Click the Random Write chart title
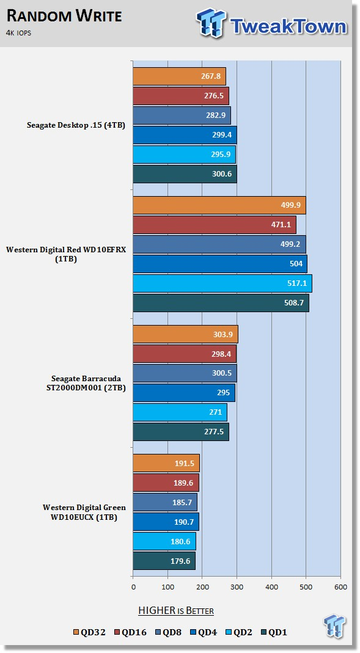(65, 16)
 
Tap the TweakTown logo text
(288, 26)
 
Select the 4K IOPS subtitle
(19, 33)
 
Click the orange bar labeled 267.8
(179, 76)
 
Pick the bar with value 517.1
(222, 283)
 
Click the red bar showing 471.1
(215, 225)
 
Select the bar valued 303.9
(185, 334)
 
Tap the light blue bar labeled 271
(180, 412)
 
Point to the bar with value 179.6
(164, 561)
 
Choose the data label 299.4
(222, 135)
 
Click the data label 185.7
(183, 503)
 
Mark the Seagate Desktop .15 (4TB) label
(76, 125)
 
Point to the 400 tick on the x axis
(271, 587)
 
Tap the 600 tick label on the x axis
(341, 587)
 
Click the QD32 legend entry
(90, 633)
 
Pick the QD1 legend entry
(273, 633)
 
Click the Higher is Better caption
(176, 611)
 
